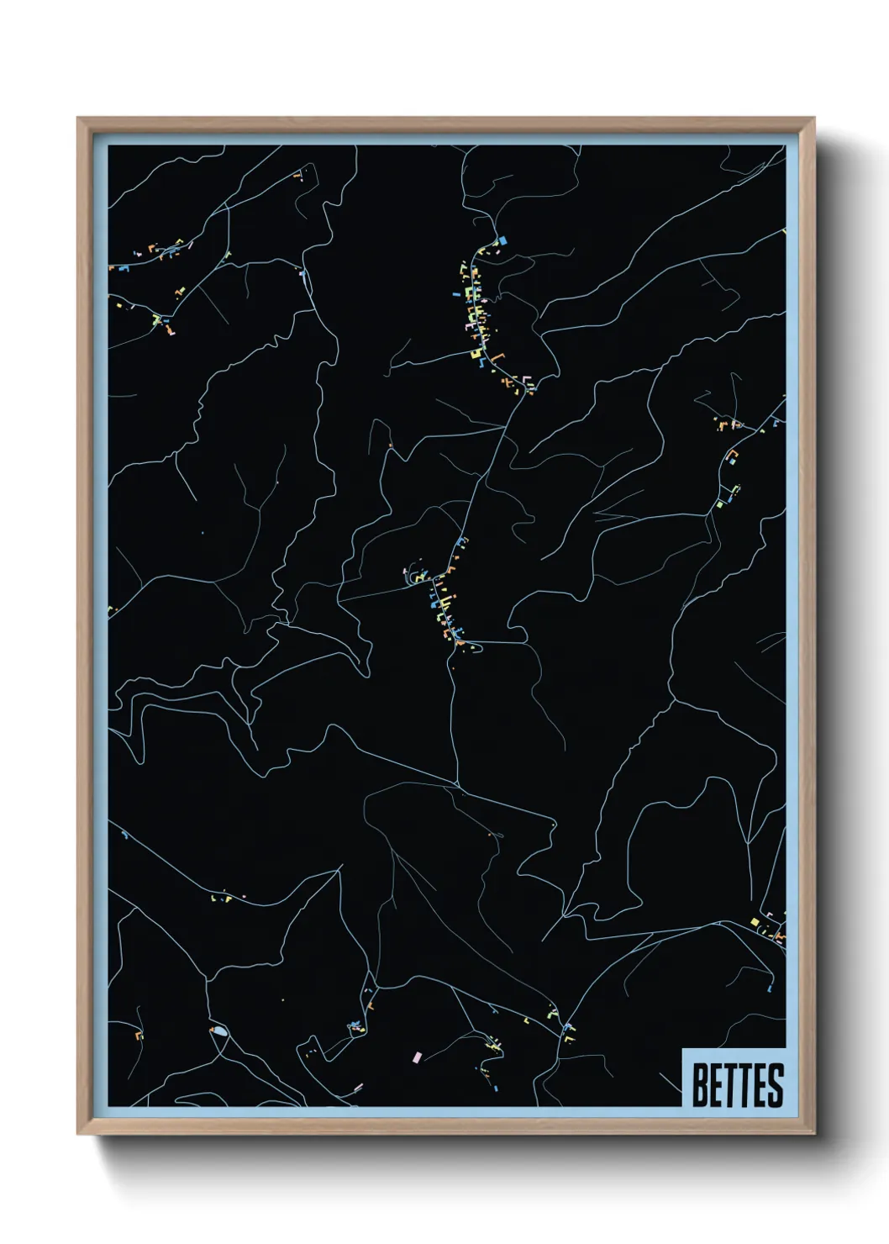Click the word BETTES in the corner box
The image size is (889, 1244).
tap(737, 1085)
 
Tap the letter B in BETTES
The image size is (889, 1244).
tap(699, 1085)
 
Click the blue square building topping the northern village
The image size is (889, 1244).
tap(503, 240)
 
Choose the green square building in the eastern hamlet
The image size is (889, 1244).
tap(720, 504)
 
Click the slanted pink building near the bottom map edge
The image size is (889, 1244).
tap(358, 1088)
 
